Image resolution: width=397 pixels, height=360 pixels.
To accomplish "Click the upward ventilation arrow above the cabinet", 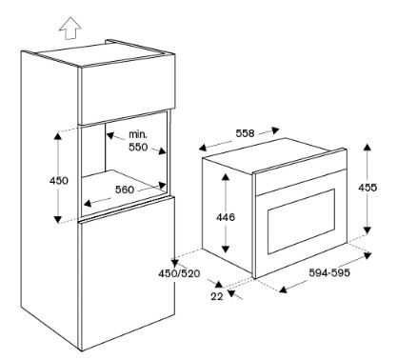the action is pos(70,29).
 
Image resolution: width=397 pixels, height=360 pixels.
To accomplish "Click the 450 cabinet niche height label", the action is pos(59,181).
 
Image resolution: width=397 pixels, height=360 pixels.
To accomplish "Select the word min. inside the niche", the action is pos(138,134).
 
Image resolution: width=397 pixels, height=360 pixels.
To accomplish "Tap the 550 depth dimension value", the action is pos(138,147).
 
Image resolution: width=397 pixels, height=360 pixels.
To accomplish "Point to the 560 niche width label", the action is pos(125,190).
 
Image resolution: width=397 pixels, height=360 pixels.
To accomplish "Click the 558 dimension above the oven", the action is pos(245,133).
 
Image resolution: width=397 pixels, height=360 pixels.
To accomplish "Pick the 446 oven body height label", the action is pos(226,217).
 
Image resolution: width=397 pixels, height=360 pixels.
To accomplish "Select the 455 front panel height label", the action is pos(367,188).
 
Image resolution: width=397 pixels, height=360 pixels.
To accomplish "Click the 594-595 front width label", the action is pos(329,272).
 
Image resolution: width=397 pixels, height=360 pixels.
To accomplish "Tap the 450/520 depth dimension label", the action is pos(180,273).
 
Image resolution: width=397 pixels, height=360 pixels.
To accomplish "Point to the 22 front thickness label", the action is pos(217,296).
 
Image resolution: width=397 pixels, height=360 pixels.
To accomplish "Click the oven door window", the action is pos(301,221).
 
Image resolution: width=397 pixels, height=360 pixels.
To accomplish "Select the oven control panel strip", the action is pos(300,182).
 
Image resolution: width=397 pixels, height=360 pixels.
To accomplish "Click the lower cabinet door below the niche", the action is pos(127,273).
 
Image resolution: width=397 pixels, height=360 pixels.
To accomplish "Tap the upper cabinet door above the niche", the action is pos(127,91).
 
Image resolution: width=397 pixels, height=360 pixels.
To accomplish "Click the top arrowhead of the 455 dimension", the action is pos(367,148).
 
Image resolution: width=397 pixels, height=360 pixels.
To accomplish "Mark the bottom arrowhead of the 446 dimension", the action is pos(226,249).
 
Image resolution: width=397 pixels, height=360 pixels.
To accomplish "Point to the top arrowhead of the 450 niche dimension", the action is pos(58,135).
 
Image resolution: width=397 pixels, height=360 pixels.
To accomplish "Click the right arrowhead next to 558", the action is pos(275,130).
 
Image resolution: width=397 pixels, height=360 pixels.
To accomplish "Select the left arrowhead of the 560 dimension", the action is pos(88,203).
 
